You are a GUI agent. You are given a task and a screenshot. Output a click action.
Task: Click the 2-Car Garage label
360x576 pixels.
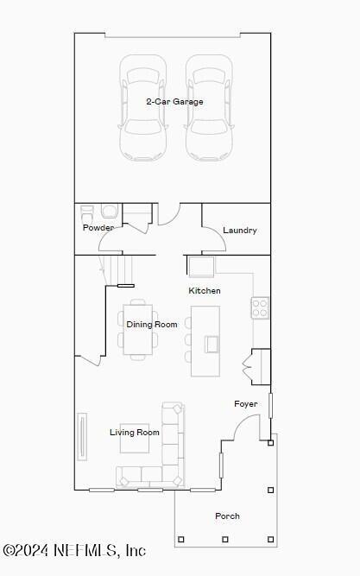pyautogui.click(x=174, y=102)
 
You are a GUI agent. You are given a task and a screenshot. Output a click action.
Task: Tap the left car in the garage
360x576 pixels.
pyautogui.click(x=142, y=107)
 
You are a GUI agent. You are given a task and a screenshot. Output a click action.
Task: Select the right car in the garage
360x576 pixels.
pyautogui.click(x=209, y=107)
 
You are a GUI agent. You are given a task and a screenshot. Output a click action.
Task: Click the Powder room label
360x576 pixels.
pyautogui.click(x=98, y=228)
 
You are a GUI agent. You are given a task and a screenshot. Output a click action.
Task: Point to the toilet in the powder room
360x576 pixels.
pyautogui.click(x=110, y=212)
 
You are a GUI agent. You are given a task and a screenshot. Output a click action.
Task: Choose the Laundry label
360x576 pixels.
pyautogui.click(x=239, y=231)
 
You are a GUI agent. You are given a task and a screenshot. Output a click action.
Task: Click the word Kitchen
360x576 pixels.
pyautogui.click(x=205, y=291)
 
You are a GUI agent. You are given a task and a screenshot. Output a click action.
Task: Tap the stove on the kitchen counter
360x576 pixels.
pyautogui.click(x=260, y=307)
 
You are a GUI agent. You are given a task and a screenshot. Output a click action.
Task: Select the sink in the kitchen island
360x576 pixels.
pyautogui.click(x=212, y=344)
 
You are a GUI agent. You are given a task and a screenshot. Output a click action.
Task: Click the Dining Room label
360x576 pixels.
pyautogui.click(x=152, y=325)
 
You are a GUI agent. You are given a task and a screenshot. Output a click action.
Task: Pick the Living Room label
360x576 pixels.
pyautogui.click(x=135, y=433)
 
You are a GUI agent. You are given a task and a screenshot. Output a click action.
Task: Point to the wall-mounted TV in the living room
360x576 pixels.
pyautogui.click(x=83, y=436)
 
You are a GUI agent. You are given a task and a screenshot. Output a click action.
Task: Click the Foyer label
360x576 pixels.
pyautogui.click(x=246, y=404)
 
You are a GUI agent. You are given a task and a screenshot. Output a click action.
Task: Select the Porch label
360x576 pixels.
pyautogui.click(x=227, y=516)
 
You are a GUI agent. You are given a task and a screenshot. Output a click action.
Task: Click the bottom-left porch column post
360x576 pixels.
pyautogui.click(x=180, y=540)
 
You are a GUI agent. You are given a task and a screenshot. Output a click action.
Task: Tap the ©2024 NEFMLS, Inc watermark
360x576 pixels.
pyautogui.click(x=74, y=550)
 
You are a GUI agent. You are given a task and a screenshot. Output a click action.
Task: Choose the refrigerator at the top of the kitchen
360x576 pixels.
pyautogui.click(x=201, y=265)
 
